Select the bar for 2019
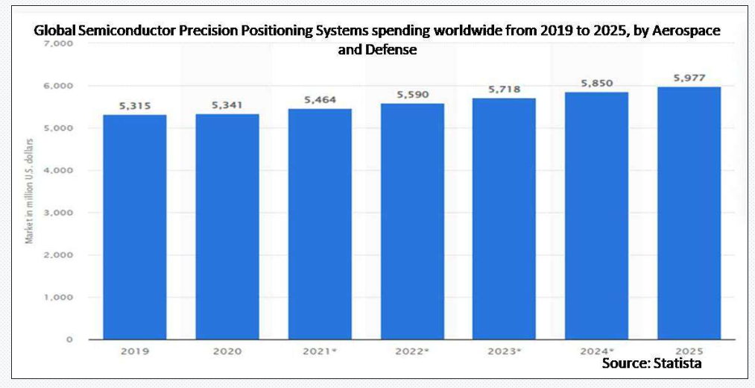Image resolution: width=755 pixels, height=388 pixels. pyautogui.click(x=135, y=227)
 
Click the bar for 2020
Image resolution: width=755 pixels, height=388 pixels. pyautogui.click(x=227, y=227)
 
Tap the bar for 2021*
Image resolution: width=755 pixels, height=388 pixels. pyautogui.click(x=320, y=224)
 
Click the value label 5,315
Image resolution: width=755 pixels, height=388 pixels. pyautogui.click(x=135, y=106)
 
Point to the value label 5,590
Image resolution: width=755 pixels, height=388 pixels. pyautogui.click(x=412, y=95)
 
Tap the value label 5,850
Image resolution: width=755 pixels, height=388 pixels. pyautogui.click(x=596, y=84)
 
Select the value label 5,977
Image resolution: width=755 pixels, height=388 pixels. pyautogui.click(x=689, y=78)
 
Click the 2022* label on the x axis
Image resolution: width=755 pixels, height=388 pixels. pyautogui.click(x=412, y=350)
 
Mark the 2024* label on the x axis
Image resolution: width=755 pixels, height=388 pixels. pyautogui.click(x=597, y=350)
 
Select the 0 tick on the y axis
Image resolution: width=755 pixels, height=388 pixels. pyautogui.click(x=69, y=339)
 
